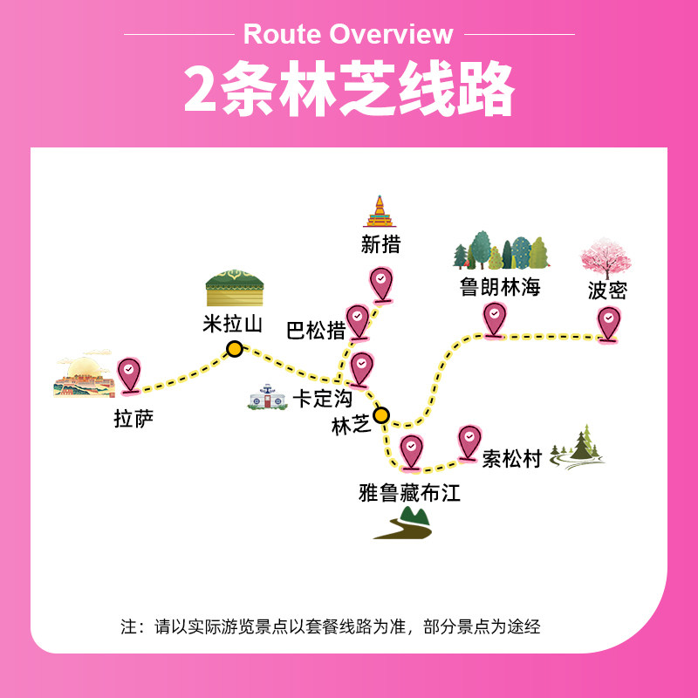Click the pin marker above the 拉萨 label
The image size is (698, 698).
click(129, 374)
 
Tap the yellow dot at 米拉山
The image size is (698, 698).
click(234, 350)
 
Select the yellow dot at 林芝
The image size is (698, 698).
click(381, 414)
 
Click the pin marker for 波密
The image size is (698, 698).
click(608, 322)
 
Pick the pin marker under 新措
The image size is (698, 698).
click(380, 283)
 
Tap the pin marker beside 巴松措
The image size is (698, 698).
click(358, 319)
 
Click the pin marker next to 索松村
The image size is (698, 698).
click(469, 440)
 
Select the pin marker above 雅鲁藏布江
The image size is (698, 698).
click(410, 449)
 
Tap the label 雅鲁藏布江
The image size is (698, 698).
click(409, 493)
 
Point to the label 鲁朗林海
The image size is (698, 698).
click(501, 286)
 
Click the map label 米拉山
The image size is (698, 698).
click(232, 325)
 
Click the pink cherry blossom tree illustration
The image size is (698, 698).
click(606, 257)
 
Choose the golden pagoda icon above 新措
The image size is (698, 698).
click(380, 212)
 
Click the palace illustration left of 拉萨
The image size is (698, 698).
click(83, 375)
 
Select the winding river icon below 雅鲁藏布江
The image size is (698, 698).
click(404, 523)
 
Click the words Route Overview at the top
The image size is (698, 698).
click(348, 34)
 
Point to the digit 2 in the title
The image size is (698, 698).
click(200, 89)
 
